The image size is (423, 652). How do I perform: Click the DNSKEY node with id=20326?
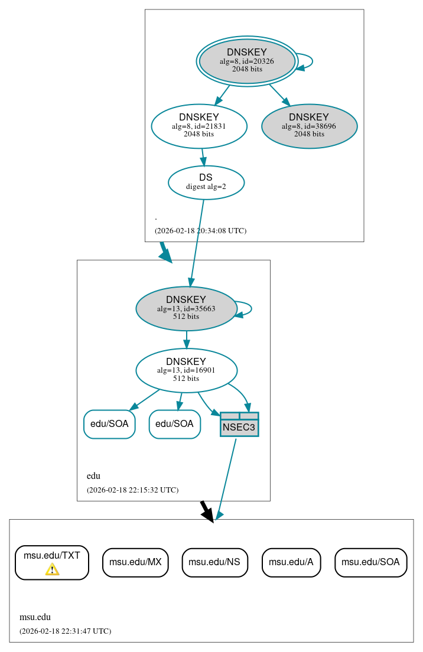[247, 61]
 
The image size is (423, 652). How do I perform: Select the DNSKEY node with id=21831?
[199, 126]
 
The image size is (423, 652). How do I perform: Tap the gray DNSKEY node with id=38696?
[309, 126]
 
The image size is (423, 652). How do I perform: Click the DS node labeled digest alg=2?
[206, 182]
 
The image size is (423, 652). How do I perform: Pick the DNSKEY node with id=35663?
[186, 308]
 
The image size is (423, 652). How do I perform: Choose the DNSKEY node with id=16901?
[186, 370]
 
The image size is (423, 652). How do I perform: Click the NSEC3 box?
[239, 425]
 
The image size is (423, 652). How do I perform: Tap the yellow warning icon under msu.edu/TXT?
[52, 569]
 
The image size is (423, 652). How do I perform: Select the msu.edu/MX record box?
[135, 562]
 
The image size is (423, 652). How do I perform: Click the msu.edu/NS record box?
[214, 562]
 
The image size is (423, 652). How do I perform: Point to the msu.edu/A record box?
[291, 562]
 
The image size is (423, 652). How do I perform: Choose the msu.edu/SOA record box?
[370, 562]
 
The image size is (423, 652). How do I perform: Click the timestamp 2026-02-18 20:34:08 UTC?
[200, 231]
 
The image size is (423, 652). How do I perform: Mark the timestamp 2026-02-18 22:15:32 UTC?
[132, 490]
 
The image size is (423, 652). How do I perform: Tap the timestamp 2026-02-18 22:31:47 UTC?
[65, 631]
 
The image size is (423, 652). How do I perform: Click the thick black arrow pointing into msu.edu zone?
[206, 511]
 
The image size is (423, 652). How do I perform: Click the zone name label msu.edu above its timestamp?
[35, 617]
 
